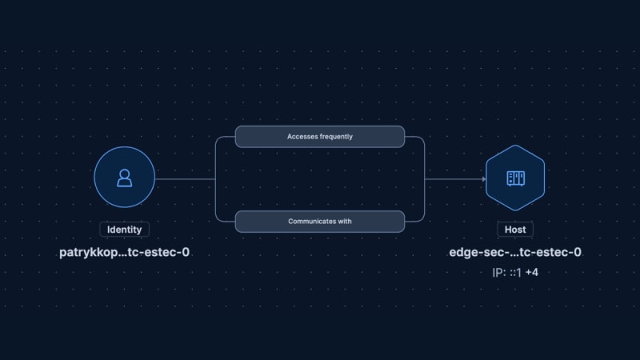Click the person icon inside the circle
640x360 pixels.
(125, 178)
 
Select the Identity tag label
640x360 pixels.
(125, 230)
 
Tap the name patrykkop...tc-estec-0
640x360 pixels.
(125, 252)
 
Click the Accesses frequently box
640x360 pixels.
(320, 137)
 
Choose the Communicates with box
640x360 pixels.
(320, 222)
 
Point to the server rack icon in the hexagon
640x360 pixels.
(515, 178)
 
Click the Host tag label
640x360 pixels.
(515, 230)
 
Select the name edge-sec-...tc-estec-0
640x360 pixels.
(515, 252)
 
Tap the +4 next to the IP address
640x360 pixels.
(532, 272)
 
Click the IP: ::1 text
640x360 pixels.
(507, 272)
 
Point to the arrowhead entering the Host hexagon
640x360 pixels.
(484, 179)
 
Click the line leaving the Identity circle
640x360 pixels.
(186, 179)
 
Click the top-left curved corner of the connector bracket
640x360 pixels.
(218, 138)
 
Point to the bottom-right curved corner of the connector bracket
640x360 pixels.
(422, 219)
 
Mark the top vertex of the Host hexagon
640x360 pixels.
(515, 146)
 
